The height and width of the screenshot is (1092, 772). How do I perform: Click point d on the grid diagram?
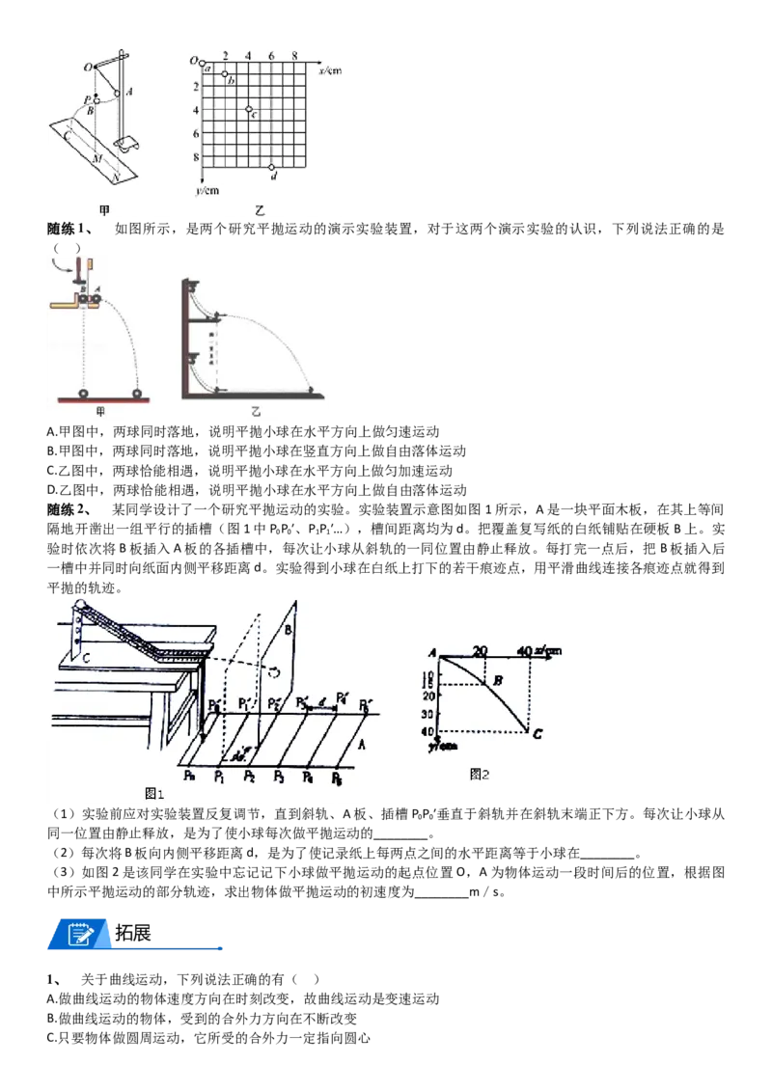click(272, 167)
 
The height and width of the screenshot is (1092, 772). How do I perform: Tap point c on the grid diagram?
click(249, 109)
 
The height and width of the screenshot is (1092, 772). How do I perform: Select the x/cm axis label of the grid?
click(330, 70)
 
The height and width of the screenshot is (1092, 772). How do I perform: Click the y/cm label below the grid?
click(207, 190)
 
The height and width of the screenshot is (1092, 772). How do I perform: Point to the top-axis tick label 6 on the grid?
click(272, 55)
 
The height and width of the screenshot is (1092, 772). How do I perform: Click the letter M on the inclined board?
click(97, 159)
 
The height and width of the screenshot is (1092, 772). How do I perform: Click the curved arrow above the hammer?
click(64, 264)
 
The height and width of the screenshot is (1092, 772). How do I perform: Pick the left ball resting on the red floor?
click(84, 394)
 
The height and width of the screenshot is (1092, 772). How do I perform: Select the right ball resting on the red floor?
click(137, 394)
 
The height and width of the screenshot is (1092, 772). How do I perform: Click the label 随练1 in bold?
click(69, 230)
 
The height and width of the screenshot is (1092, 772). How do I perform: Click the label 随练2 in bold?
click(69, 509)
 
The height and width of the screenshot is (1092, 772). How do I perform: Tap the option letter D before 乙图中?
click(51, 490)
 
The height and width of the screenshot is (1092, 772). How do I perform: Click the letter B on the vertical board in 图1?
click(288, 630)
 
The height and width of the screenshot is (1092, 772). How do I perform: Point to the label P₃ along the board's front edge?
click(279, 776)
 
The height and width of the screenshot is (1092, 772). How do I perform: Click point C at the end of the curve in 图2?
click(538, 733)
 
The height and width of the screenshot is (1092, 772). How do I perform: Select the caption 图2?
click(480, 775)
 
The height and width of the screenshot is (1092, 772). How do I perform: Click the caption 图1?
click(154, 794)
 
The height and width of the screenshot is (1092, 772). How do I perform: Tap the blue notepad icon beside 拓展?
click(81, 934)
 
